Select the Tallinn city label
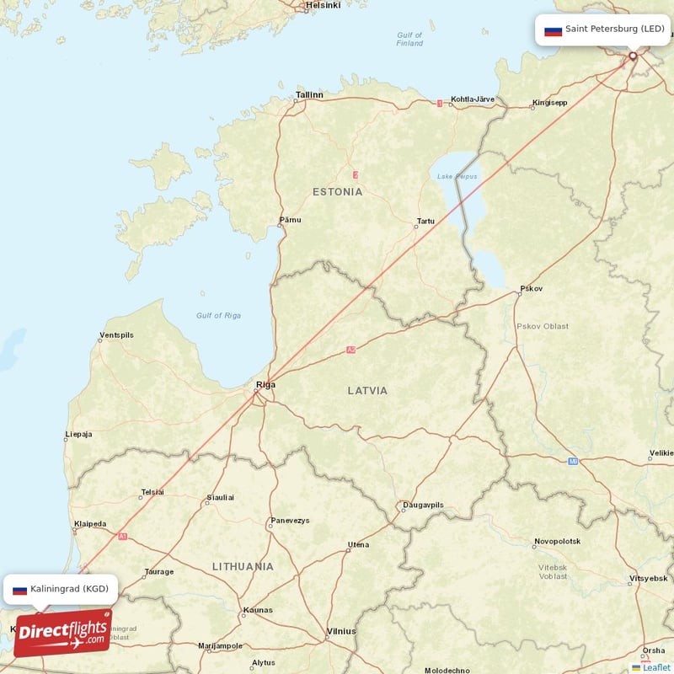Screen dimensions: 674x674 pyautogui.click(x=309, y=95)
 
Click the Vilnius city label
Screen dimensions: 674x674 pyautogui.click(x=341, y=631)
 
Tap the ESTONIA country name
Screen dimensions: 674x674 pyautogui.click(x=337, y=192)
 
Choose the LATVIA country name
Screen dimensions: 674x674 pyautogui.click(x=368, y=391)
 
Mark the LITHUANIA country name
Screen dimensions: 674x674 pyautogui.click(x=243, y=566)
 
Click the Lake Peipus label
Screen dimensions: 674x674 pyautogui.click(x=457, y=176)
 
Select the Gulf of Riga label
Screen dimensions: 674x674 pyautogui.click(x=219, y=315)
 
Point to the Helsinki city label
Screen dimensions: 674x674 pyautogui.click(x=323, y=5)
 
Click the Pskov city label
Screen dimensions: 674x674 pyautogui.click(x=532, y=288)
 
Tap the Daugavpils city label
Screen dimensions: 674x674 pyautogui.click(x=423, y=505)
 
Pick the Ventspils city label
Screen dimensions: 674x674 pyautogui.click(x=116, y=335)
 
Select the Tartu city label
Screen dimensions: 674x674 pyautogui.click(x=425, y=222)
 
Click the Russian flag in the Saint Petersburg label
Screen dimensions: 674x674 pyautogui.click(x=553, y=30)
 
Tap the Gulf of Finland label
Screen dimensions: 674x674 pyautogui.click(x=409, y=39)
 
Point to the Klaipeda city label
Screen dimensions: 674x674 pyautogui.click(x=90, y=524)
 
